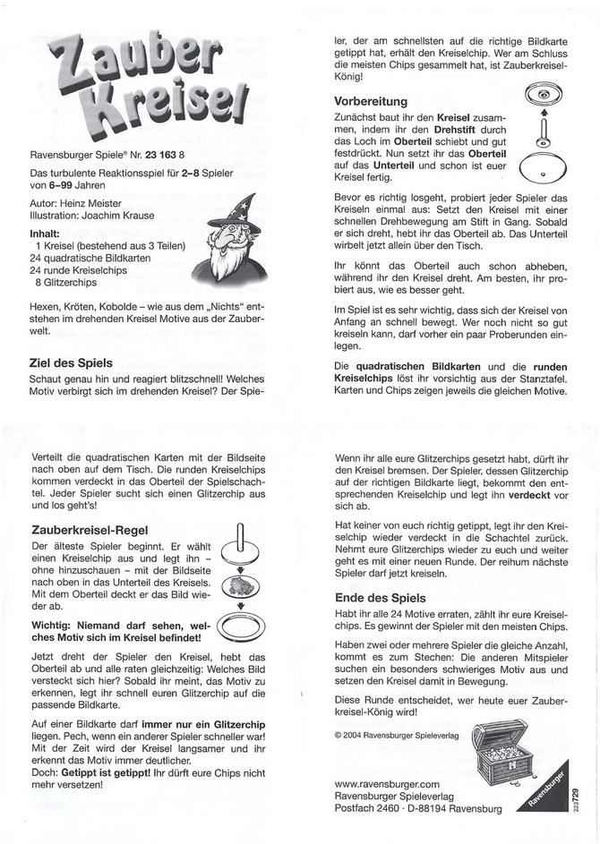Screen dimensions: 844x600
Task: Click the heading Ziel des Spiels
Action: coord(70,362)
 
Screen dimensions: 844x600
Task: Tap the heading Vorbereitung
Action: coord(371,101)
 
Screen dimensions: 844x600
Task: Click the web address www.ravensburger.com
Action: coord(389,782)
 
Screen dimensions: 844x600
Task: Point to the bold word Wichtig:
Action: coord(54,623)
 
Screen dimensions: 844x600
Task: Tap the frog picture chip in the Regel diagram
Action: coord(239,582)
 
